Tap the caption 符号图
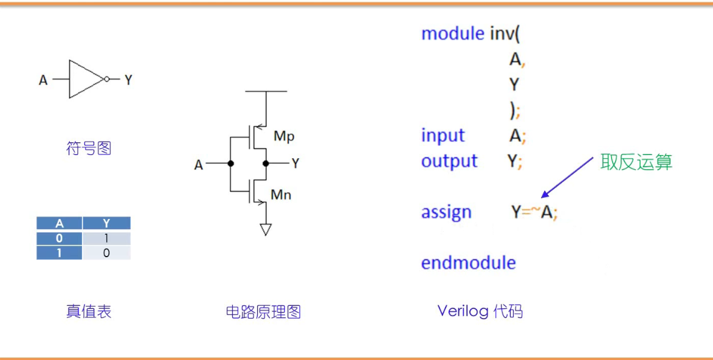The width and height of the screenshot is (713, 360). [89, 148]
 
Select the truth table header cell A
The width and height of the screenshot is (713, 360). [60, 224]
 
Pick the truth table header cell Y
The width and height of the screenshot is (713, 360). [106, 224]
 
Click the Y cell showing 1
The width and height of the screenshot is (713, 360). [106, 238]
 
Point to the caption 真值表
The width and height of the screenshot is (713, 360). [89, 312]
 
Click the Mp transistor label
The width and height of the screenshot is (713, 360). [284, 136]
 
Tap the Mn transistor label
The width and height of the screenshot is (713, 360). [281, 195]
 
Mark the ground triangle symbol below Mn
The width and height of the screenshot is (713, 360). [266, 229]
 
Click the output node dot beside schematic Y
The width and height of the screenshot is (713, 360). [266, 164]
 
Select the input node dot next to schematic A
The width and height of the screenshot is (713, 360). [230, 164]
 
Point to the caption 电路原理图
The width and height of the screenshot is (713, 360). [263, 313]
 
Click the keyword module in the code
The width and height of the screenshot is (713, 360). [452, 33]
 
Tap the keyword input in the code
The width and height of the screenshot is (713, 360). [443, 136]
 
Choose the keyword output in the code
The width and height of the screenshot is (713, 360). [449, 161]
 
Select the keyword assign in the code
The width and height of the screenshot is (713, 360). [446, 212]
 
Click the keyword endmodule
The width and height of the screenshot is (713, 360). [468, 263]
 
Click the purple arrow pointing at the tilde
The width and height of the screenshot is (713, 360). [567, 177]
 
